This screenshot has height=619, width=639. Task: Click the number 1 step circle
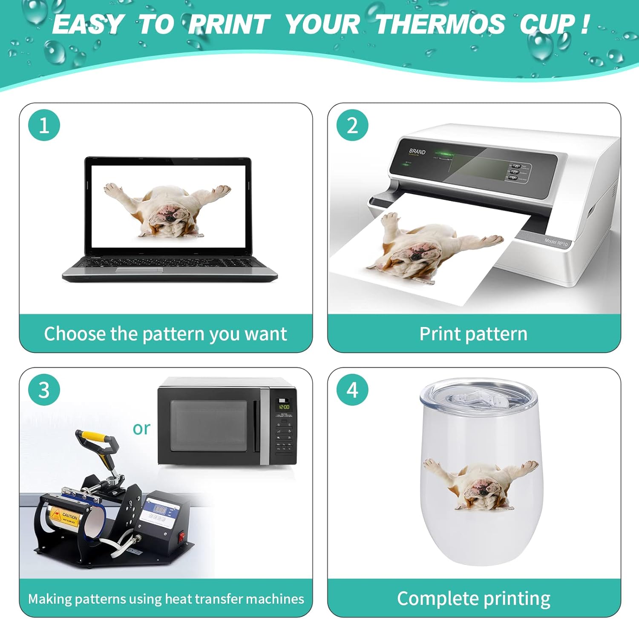(x=44, y=126)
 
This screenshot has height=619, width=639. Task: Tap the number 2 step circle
(x=352, y=126)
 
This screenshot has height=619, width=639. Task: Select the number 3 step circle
(x=44, y=390)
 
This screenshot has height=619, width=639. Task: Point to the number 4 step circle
(x=352, y=390)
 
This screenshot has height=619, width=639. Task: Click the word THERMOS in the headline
(x=440, y=24)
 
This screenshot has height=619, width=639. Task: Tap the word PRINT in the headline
(x=230, y=24)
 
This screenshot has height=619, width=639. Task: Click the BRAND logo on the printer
(x=417, y=152)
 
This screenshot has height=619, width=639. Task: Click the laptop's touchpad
(x=139, y=270)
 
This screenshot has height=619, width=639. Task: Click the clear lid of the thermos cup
(x=478, y=398)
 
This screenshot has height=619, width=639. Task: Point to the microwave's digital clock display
(x=284, y=407)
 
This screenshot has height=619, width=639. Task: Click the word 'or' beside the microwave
(x=141, y=428)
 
